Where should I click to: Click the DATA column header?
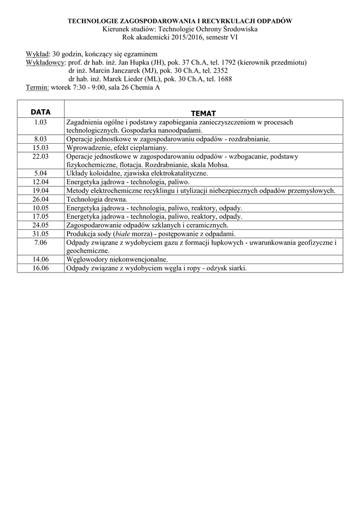pos(40,112)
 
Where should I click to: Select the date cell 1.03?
pos(40,122)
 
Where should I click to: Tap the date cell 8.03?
pos(40,139)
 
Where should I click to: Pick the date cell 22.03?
pos(40,156)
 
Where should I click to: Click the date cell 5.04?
pos(40,173)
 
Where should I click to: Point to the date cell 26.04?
pos(40,199)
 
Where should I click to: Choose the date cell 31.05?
pos(40,234)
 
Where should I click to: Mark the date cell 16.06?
pos(40,268)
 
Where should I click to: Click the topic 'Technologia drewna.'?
pos(94,199)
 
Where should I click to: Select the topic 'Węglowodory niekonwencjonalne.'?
pos(117,259)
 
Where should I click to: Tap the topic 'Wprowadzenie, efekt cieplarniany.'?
pos(117,148)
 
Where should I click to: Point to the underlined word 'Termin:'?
pos(37,87)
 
